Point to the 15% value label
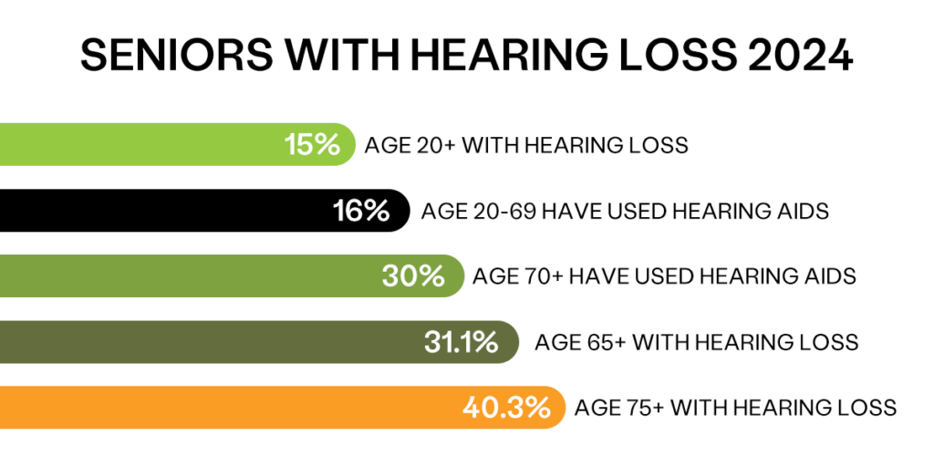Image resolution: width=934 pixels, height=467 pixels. [x=312, y=145]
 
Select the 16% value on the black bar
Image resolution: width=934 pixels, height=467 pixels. [x=361, y=211]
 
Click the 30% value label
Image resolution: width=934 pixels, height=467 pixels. [x=413, y=276]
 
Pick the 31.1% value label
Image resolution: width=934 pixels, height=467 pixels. [x=461, y=343]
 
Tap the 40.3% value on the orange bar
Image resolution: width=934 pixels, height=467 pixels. [x=506, y=408]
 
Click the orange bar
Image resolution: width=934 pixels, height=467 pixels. [x=283, y=408]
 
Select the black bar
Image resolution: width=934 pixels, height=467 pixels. [x=205, y=211]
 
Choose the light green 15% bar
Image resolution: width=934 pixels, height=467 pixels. [x=178, y=144]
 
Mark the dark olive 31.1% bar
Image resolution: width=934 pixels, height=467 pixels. [x=259, y=342]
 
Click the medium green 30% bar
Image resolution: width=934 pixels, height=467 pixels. [x=232, y=275]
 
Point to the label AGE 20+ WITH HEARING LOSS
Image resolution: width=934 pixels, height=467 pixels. [x=526, y=145]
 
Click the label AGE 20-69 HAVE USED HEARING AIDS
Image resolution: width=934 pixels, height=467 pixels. [x=625, y=212]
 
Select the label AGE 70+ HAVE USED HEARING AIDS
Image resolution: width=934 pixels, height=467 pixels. [x=664, y=277]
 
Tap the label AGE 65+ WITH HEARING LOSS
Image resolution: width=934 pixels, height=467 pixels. [x=697, y=343]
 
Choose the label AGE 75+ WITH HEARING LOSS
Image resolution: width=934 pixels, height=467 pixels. [x=736, y=409]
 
